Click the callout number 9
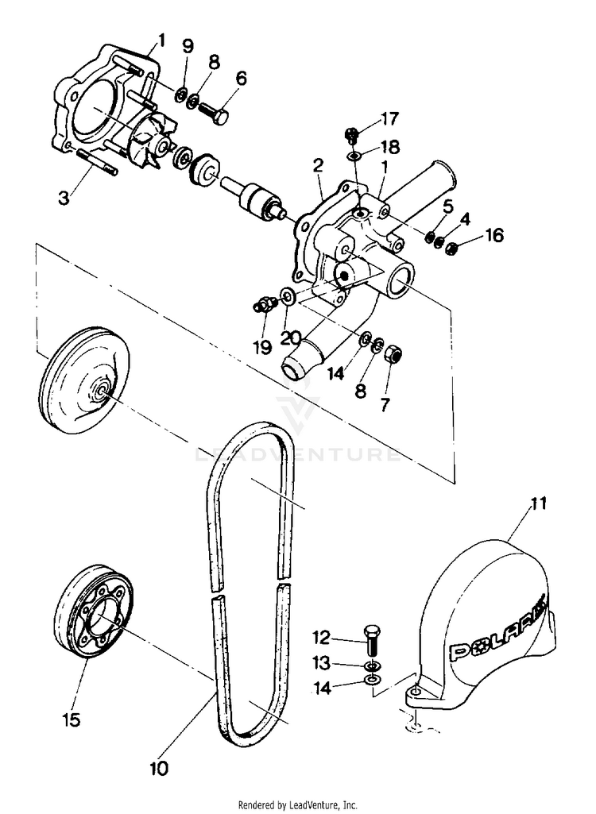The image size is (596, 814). coord(188,45)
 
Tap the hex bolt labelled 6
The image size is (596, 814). coord(212,113)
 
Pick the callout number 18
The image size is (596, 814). coord(389,147)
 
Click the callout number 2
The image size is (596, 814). coord(317,166)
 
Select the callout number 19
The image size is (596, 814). coord(263,346)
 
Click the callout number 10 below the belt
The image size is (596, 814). coord(158,769)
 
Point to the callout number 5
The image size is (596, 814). coord(448,207)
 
